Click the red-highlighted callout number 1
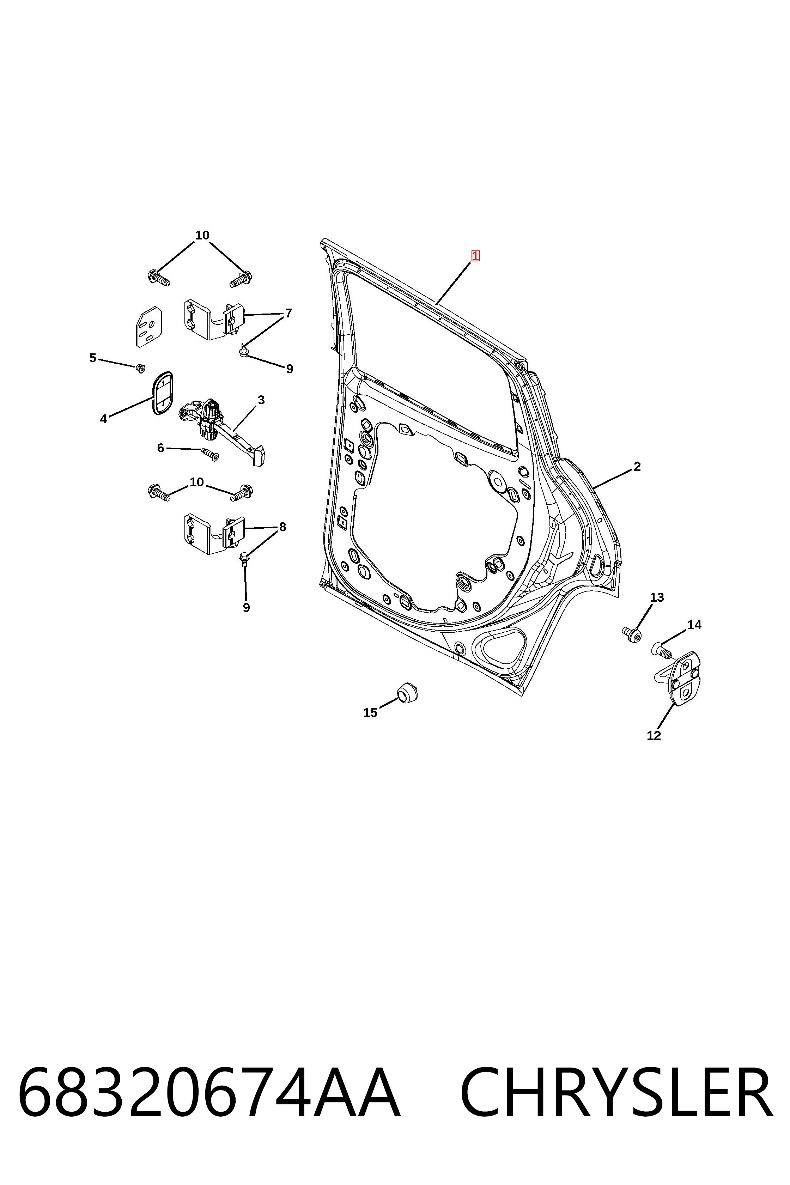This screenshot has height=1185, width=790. pos(475,256)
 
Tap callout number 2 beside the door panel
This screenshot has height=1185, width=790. pos(637,467)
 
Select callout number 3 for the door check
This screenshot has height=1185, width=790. pos(261,400)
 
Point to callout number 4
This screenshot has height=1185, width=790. pos(103,419)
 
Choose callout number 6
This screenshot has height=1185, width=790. pos(161,448)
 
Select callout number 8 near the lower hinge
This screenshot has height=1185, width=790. pos(282,527)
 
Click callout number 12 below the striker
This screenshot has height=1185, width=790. pos(654,736)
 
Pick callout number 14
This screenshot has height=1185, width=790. pos(694,625)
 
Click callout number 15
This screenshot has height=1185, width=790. pos(370,712)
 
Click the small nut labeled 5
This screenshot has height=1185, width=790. pos(141,368)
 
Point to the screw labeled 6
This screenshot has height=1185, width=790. pos(210,455)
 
